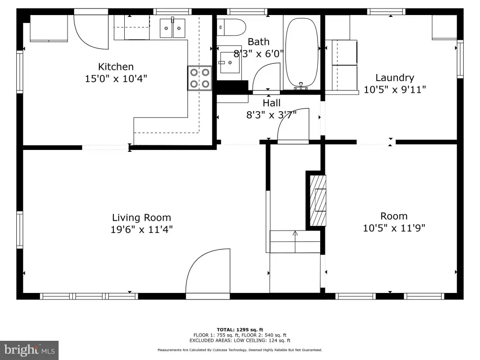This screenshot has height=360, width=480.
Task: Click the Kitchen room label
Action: [x=116, y=67]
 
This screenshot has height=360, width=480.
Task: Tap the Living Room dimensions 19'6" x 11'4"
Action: [x=142, y=229]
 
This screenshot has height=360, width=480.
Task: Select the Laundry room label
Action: [x=395, y=78]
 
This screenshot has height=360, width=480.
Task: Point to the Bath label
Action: [x=258, y=42]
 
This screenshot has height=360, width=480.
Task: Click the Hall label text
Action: [x=271, y=103]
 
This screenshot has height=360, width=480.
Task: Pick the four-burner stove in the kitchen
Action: [x=200, y=78]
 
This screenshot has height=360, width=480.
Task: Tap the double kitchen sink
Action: [x=172, y=28]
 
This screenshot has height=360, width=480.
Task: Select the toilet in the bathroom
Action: [x=231, y=27]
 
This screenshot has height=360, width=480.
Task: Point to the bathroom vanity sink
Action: [x=229, y=63]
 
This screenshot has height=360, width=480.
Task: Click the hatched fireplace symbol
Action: [x=318, y=200]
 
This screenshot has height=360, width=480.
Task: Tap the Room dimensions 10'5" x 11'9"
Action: [x=394, y=228]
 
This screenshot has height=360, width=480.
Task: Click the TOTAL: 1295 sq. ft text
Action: [x=240, y=330]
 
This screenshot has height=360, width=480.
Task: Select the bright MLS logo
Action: [x=30, y=350]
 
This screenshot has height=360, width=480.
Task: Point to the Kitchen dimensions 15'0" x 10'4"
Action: [x=116, y=79]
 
